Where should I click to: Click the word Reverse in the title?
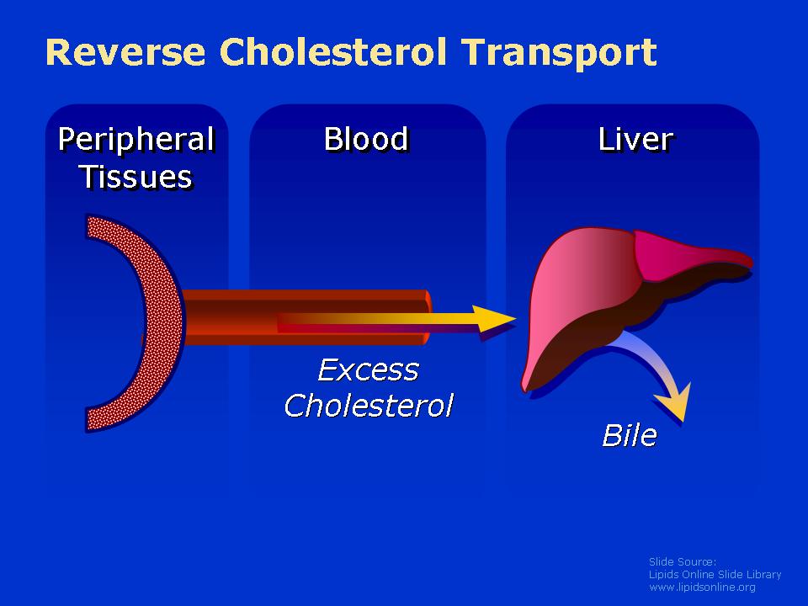(x=125, y=51)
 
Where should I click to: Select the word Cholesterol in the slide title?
(x=333, y=51)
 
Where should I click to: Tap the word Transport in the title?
(x=559, y=52)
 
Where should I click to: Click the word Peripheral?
(x=136, y=141)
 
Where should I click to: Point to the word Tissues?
(x=136, y=177)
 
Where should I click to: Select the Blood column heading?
(x=366, y=139)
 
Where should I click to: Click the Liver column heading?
(x=636, y=139)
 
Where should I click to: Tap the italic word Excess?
(x=368, y=370)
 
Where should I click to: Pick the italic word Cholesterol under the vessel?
(x=369, y=405)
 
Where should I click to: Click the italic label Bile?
(x=630, y=435)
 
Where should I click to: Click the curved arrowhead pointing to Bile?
(x=674, y=403)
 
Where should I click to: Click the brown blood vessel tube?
(x=304, y=317)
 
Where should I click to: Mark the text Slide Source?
(x=683, y=561)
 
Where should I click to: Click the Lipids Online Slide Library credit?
(x=715, y=575)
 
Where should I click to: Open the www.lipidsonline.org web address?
(x=702, y=587)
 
